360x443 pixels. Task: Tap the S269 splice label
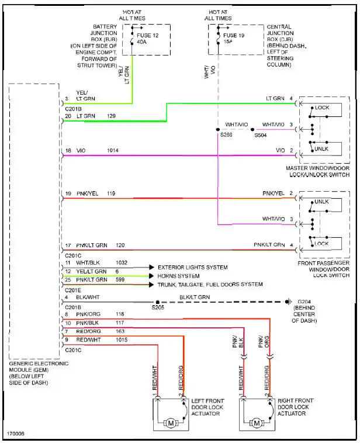click(226, 134)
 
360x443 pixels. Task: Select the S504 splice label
click(261, 134)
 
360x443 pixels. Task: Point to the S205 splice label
click(158, 307)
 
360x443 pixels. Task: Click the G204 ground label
click(304, 302)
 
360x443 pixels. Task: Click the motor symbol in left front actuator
click(171, 422)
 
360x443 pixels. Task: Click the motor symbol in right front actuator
click(257, 422)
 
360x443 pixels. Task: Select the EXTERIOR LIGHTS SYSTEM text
click(192, 267)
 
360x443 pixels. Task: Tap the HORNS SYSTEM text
click(178, 276)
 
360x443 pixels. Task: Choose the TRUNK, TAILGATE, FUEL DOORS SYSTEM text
click(209, 285)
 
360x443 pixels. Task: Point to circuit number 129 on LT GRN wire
click(111, 116)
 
